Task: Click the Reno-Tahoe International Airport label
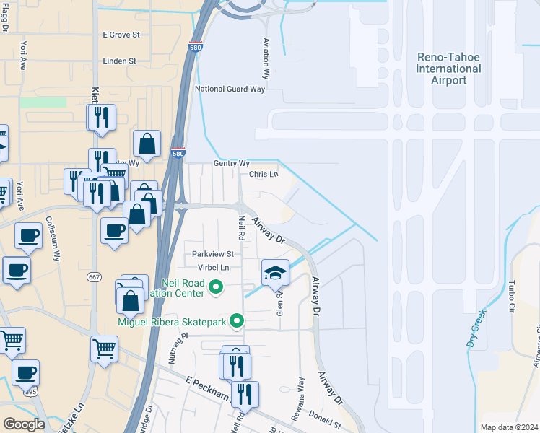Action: tap(448, 69)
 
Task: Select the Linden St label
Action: tap(119, 61)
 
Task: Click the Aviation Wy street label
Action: tap(266, 58)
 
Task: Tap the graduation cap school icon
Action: tap(275, 273)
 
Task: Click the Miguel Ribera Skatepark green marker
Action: tap(236, 322)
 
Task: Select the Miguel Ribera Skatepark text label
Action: tap(172, 321)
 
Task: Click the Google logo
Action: tap(24, 424)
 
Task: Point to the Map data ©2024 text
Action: tap(509, 427)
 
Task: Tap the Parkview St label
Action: tap(213, 254)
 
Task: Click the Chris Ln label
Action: tap(264, 175)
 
